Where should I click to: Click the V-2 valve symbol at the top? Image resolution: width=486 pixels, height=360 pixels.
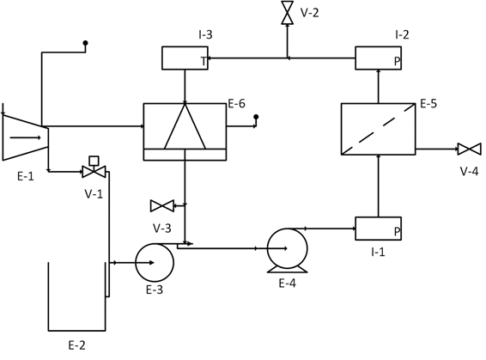point(288,14)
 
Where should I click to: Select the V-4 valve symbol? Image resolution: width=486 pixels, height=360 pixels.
point(469,149)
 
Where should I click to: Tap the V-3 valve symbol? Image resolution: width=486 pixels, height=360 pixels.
point(161,205)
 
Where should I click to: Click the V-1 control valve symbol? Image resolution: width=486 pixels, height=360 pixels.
point(93,170)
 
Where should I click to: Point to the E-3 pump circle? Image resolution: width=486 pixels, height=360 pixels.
point(155,262)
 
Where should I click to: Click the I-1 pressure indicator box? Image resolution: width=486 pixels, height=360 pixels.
point(378,229)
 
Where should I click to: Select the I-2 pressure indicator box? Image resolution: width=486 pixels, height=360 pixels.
point(378,58)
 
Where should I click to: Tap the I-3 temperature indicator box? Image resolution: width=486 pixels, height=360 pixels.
point(185,58)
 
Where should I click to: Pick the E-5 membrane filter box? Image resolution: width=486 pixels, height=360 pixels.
point(378,129)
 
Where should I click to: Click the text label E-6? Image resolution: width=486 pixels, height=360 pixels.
point(237,104)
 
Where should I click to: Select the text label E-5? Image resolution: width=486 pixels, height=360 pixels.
point(428,104)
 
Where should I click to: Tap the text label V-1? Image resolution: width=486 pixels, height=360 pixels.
point(94,193)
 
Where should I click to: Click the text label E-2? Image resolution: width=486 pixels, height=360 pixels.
point(76,345)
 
